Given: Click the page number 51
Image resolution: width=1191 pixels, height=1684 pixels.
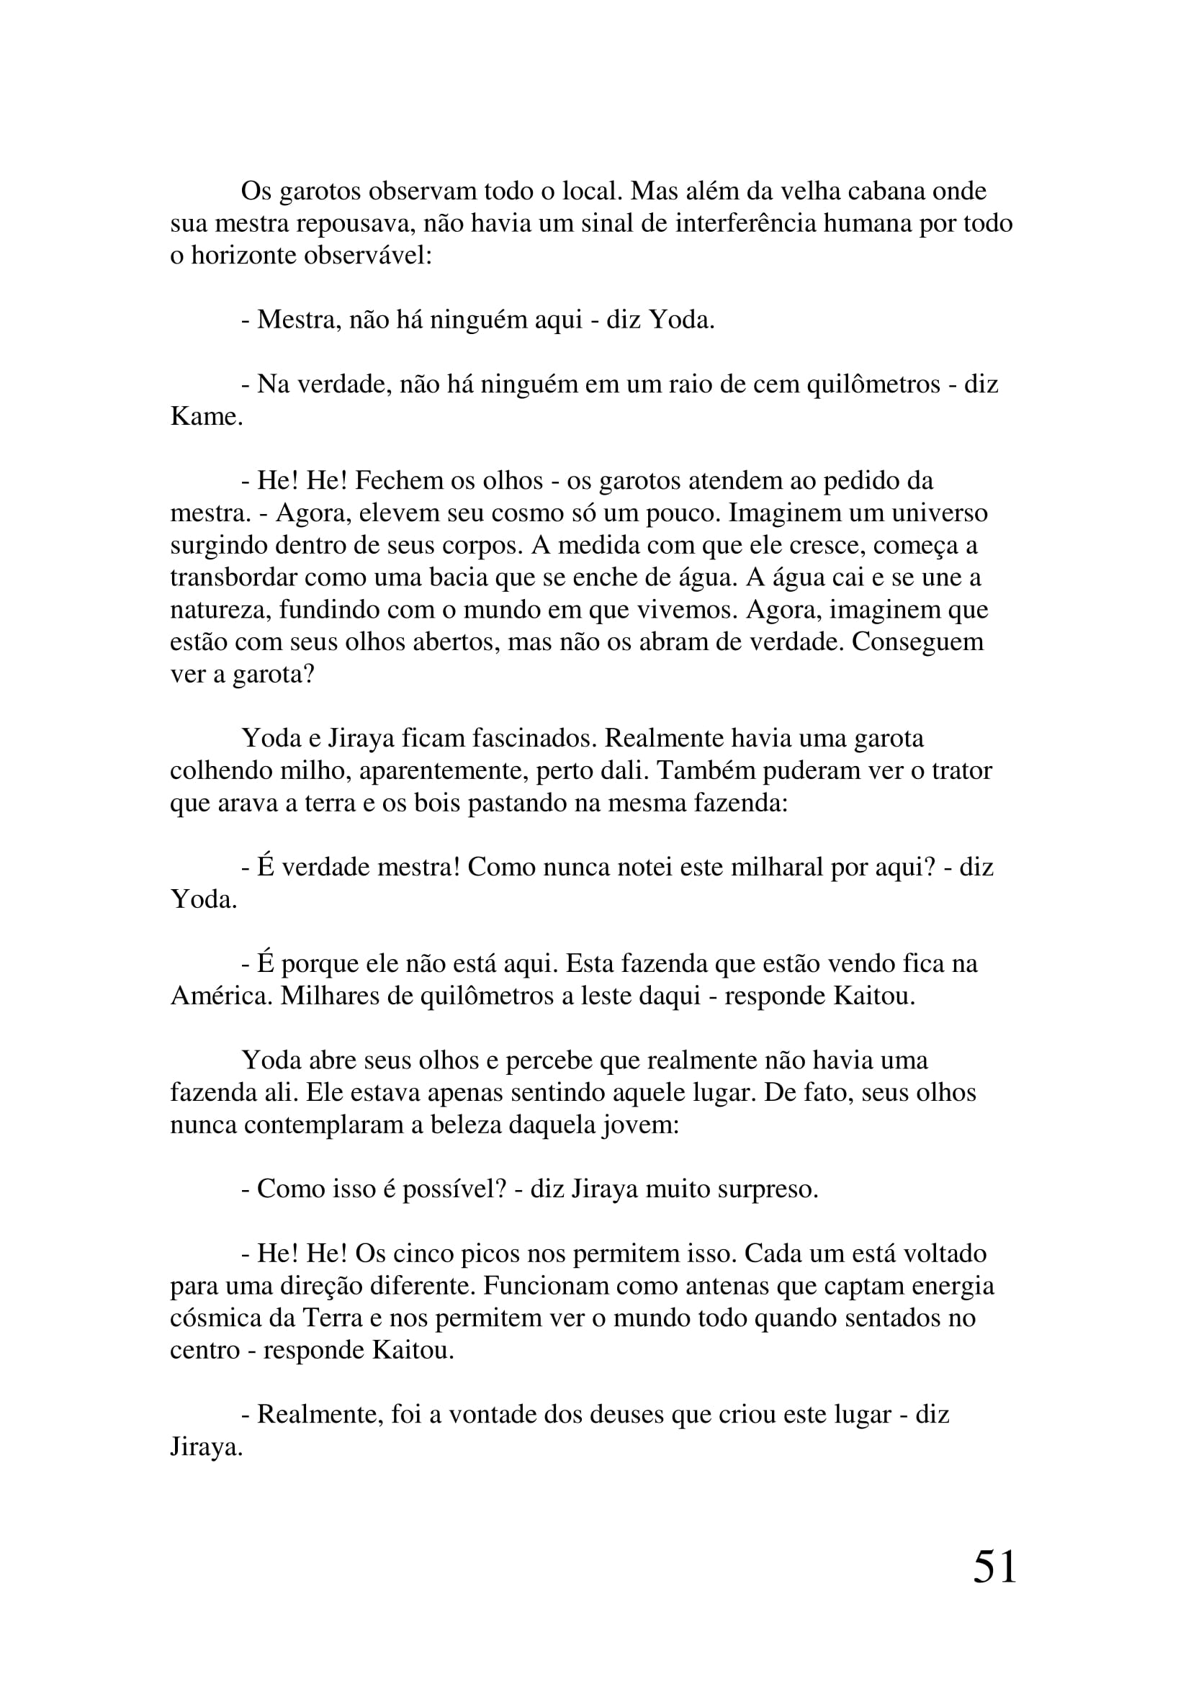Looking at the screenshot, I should [994, 1589].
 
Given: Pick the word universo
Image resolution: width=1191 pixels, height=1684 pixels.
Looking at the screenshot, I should [940, 513].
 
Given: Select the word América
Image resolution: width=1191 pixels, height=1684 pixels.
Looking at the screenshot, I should [221, 996].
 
